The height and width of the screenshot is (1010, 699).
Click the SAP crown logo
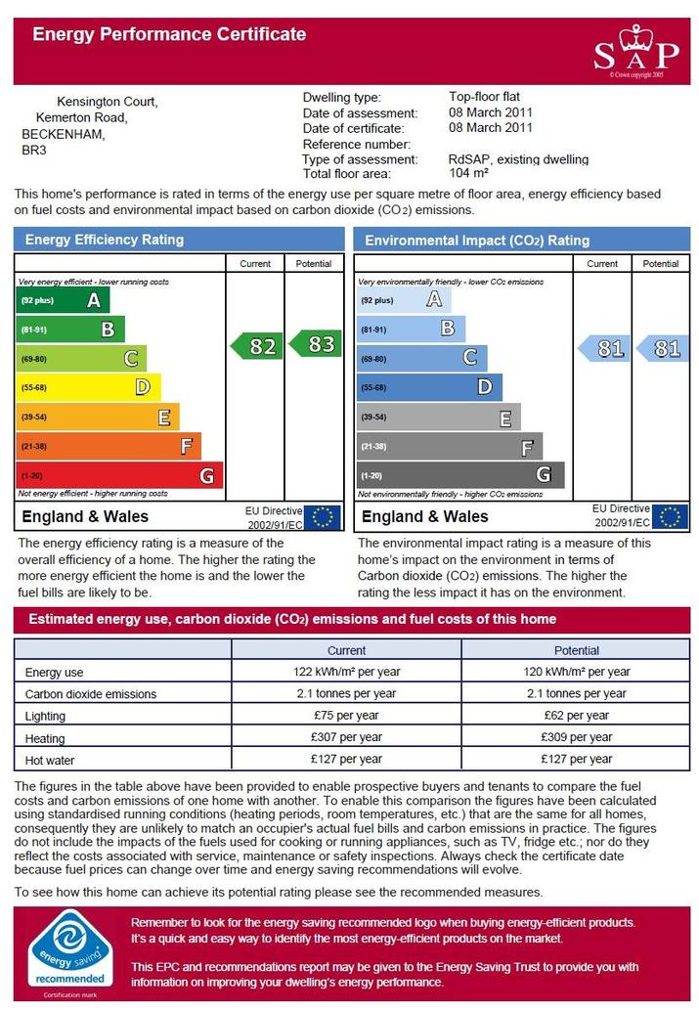pos(636,52)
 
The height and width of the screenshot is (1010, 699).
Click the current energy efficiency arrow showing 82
pos(256,346)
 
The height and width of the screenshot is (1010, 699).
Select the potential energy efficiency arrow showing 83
pos(315,343)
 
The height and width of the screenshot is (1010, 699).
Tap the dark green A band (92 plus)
pos(63,300)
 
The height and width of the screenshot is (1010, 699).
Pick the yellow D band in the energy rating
pos(88,387)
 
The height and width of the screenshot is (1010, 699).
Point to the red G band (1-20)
pos(120,475)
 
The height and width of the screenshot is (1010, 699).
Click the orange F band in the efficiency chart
pos(109,446)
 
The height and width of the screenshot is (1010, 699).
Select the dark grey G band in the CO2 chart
pos(460,475)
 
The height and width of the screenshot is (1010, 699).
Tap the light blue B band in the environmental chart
pos(411,329)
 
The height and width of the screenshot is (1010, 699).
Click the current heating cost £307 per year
pos(347,737)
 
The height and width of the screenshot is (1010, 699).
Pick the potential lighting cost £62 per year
pos(577,715)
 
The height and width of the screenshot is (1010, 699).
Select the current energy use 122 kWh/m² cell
pos(347,671)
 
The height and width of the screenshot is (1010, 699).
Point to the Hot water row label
pos(50,760)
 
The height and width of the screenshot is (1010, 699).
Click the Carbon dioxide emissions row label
pos(91,694)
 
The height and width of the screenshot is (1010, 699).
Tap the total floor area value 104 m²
pos(468,173)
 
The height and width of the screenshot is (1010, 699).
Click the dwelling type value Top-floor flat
pos(485,97)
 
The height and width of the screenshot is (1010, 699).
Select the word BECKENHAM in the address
pos(64,134)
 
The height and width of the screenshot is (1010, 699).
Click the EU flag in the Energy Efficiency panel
pos(322,517)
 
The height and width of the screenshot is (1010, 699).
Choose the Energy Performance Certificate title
pos(169,34)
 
